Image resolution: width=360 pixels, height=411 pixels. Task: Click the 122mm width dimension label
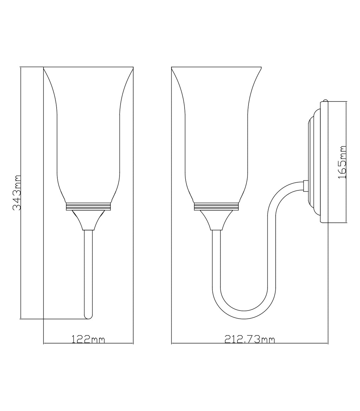click(x=88, y=339)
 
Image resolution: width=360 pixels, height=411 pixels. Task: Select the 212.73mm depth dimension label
click(x=250, y=339)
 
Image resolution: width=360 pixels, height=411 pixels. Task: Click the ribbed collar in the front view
click(x=88, y=207)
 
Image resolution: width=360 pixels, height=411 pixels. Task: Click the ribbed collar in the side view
click(x=216, y=207)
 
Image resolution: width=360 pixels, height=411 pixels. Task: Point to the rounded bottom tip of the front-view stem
click(x=88, y=317)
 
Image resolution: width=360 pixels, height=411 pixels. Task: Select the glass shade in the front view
click(x=88, y=133)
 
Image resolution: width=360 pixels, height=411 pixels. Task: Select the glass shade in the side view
click(x=216, y=133)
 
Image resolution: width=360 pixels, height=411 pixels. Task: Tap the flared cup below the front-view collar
click(x=88, y=220)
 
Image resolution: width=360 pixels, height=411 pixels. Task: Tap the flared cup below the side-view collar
click(x=216, y=220)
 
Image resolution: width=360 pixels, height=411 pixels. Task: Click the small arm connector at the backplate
click(x=306, y=186)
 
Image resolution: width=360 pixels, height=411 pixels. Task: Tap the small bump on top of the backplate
click(x=325, y=100)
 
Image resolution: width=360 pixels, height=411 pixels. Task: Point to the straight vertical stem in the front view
click(x=88, y=270)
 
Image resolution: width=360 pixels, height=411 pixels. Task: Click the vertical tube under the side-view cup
click(x=216, y=263)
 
